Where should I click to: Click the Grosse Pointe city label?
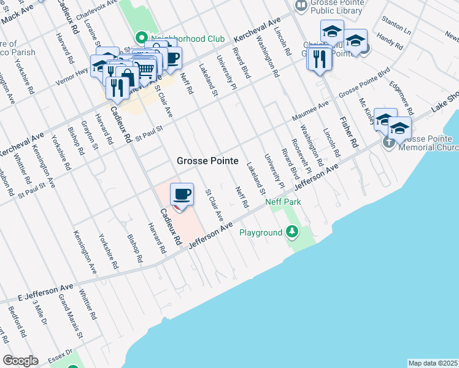(x=207, y=161)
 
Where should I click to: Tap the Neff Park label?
(x=282, y=201)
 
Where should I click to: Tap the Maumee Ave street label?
(x=310, y=110)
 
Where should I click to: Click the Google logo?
(x=20, y=361)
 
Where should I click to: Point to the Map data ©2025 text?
(x=433, y=363)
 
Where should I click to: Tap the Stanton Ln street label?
(x=396, y=27)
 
